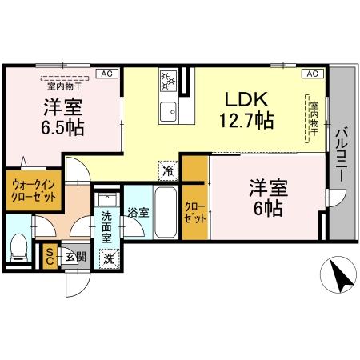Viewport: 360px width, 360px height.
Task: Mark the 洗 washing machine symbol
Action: pyautogui.click(x=108, y=258)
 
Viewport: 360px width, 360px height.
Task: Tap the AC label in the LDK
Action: pyautogui.click(x=311, y=74)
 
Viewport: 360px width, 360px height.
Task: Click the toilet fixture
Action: pyautogui.click(x=19, y=248)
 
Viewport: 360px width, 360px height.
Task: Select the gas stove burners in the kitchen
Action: pyautogui.click(x=168, y=81)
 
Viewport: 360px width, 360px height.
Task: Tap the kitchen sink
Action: pyautogui.click(x=168, y=110)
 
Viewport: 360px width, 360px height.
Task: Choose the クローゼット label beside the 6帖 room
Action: pyautogui.click(x=194, y=210)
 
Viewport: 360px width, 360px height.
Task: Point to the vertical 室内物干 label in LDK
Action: pyautogui.click(x=314, y=118)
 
